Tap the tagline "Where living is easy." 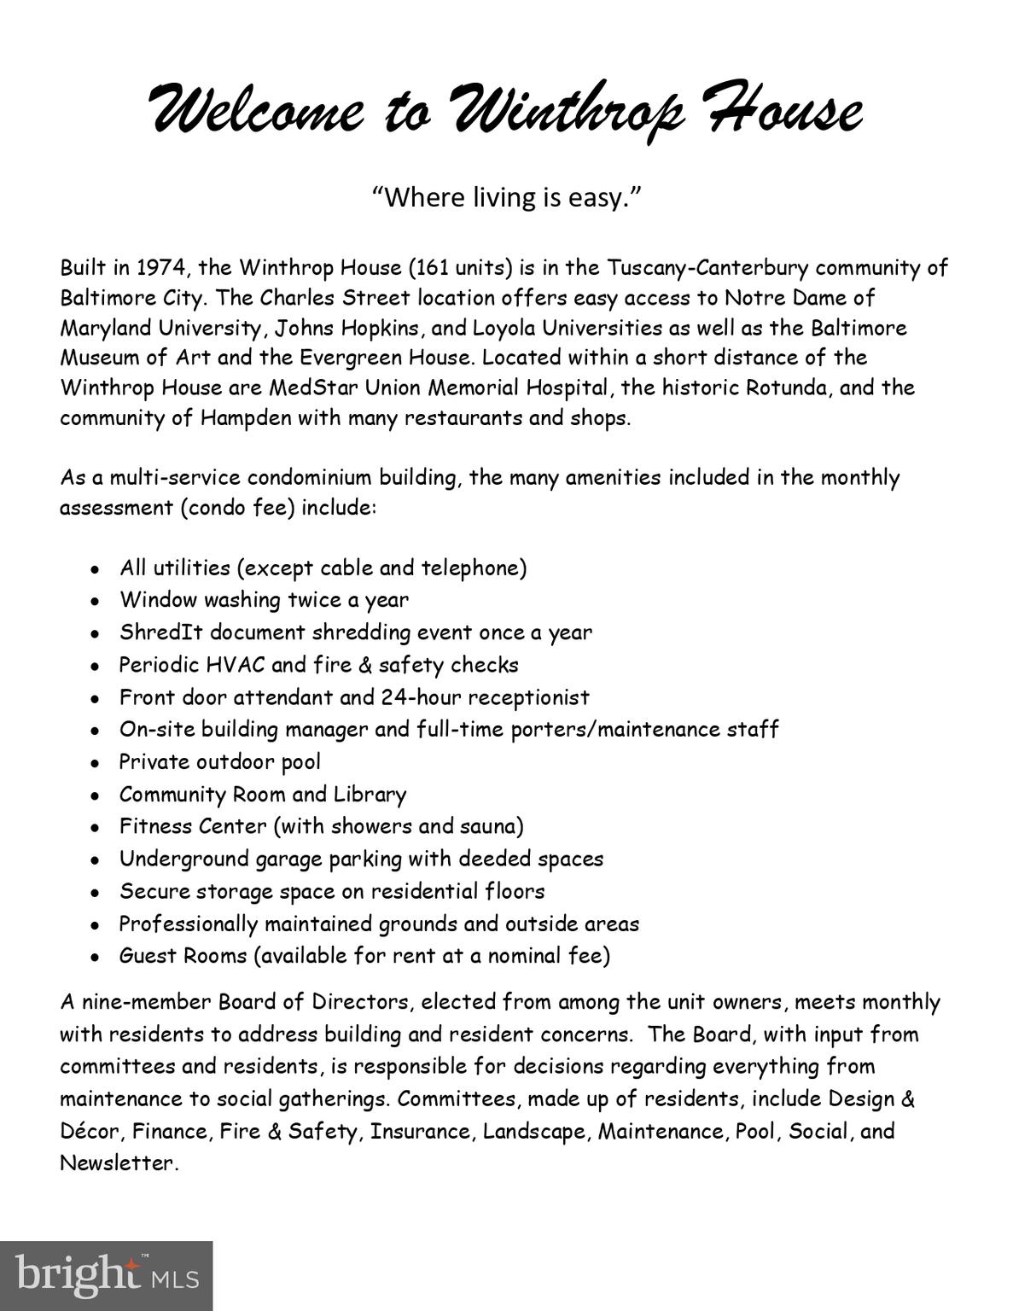click(506, 198)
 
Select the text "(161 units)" click(461, 268)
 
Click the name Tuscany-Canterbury click(707, 268)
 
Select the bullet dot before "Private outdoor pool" click(97, 763)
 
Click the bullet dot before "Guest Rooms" click(97, 957)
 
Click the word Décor click(92, 1132)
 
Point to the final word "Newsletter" click(116, 1163)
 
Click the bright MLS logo click(106, 1275)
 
